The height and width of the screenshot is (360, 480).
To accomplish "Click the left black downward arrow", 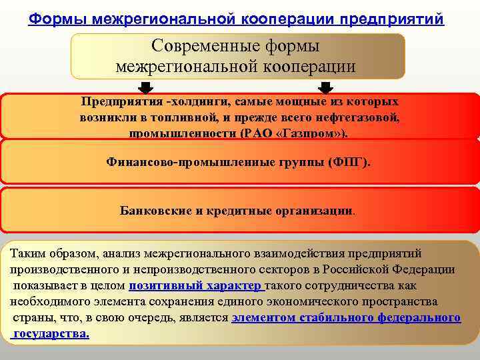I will click(x=146, y=88).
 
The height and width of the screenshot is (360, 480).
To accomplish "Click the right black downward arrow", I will click(x=326, y=88).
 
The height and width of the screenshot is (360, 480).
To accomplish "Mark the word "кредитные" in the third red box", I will click(x=238, y=210).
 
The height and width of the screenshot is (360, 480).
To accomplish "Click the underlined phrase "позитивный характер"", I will click(x=195, y=286).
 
